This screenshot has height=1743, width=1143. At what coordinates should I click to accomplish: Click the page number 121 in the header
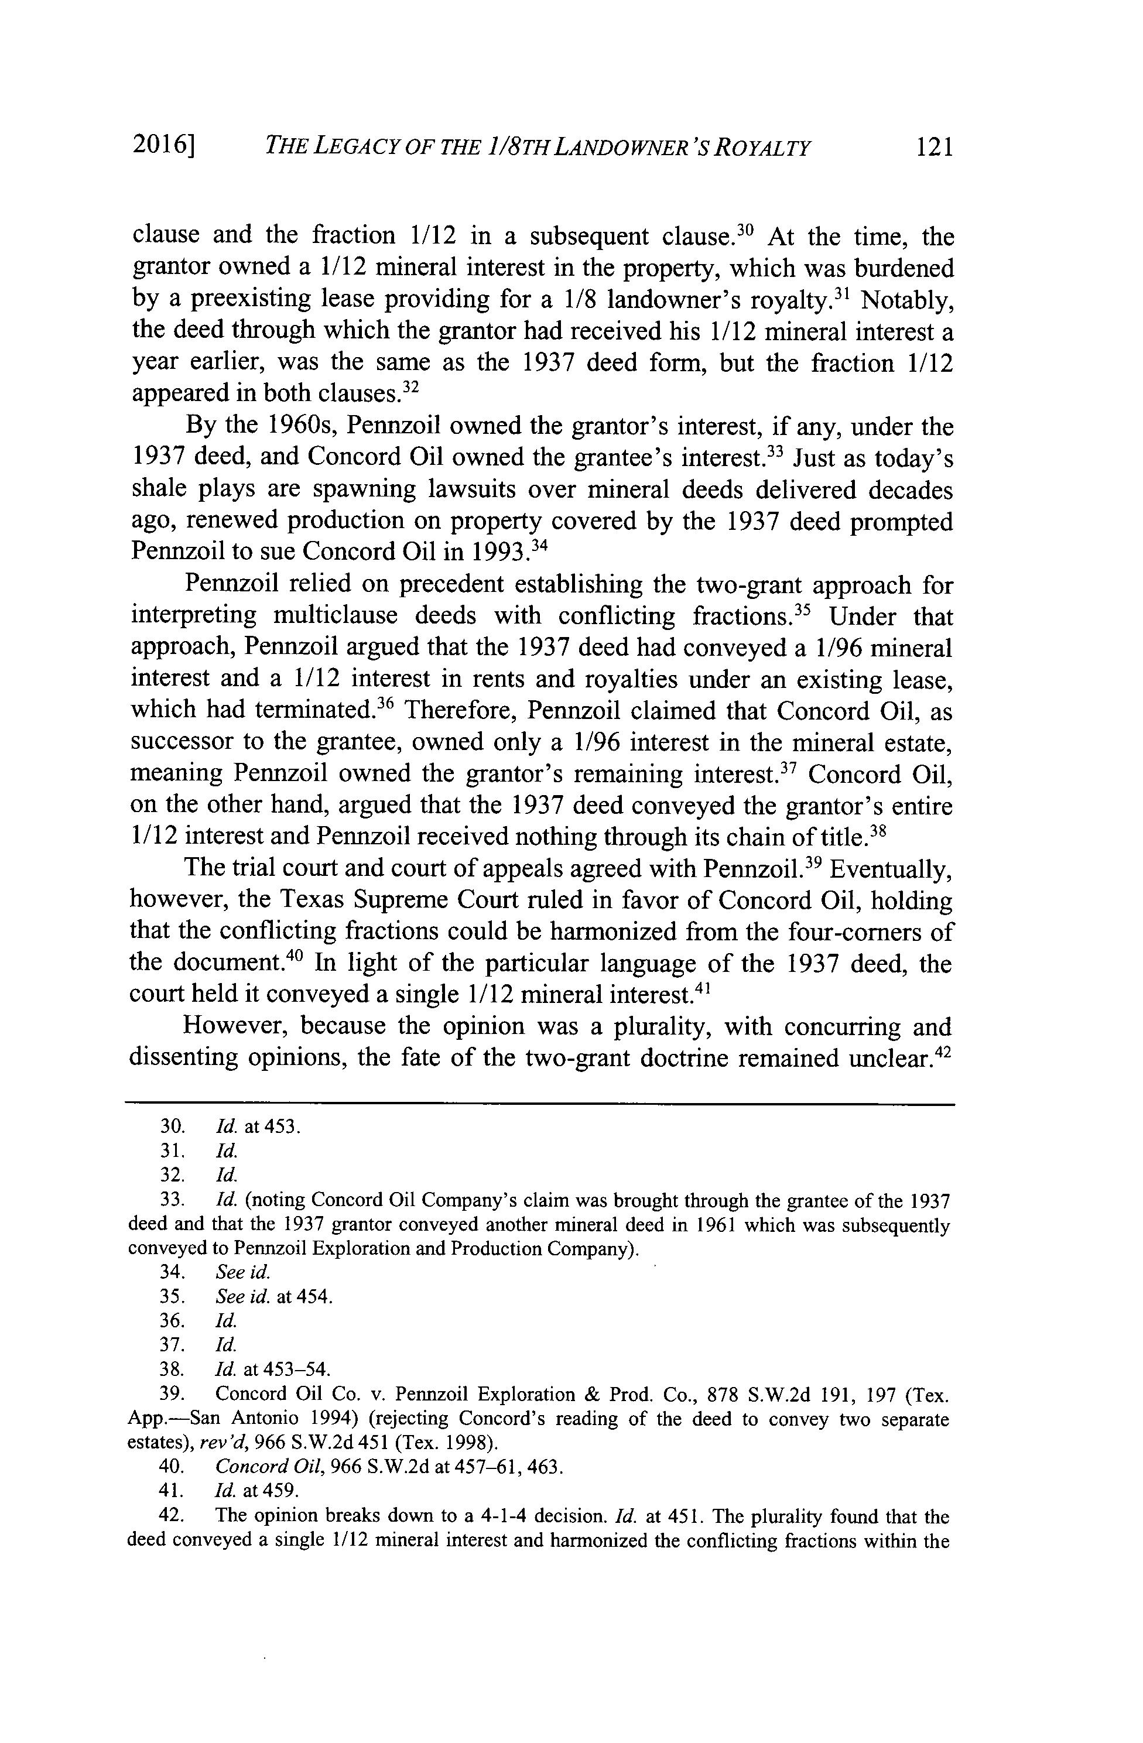(x=935, y=148)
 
